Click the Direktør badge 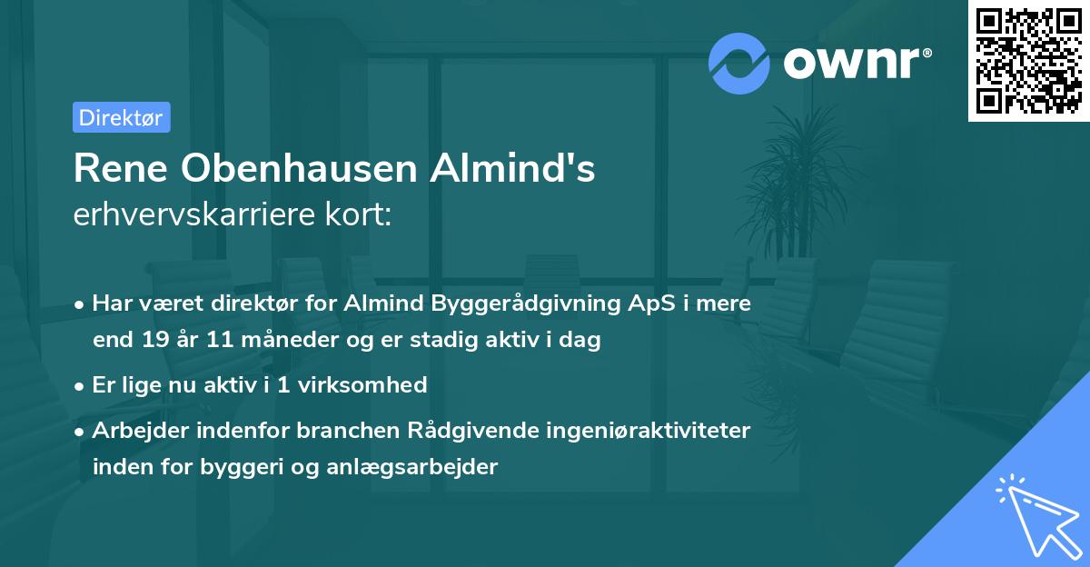[x=121, y=117]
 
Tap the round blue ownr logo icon [x=739, y=64]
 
